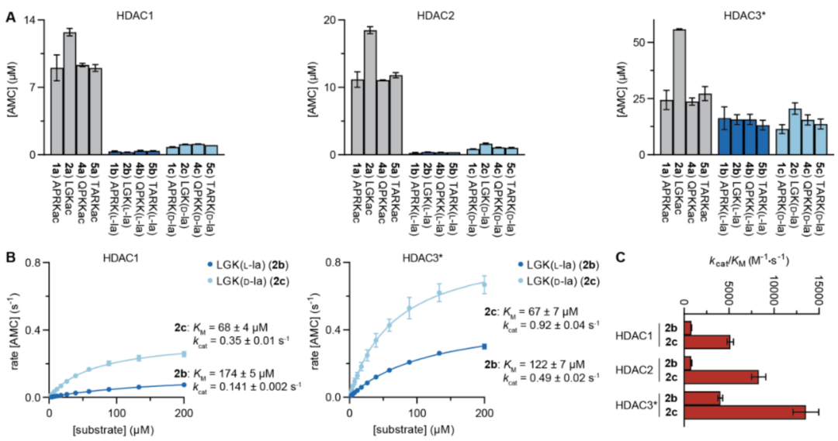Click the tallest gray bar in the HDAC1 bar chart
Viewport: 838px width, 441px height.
click(69, 93)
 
